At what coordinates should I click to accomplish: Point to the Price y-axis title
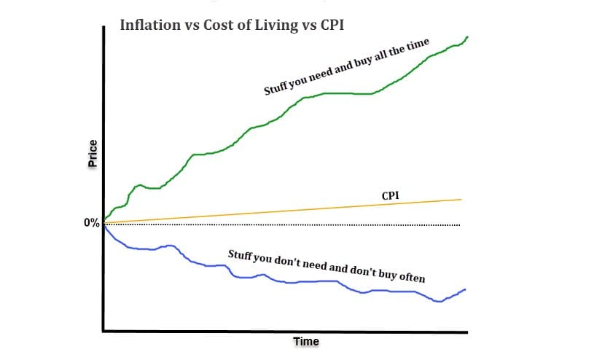coord(93,154)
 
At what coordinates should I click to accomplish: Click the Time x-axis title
coord(306,341)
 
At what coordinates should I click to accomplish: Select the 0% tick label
coord(92,224)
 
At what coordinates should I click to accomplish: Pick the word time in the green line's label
coord(420,51)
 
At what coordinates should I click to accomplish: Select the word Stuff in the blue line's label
coord(241,256)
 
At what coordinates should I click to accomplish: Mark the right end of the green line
coord(467,36)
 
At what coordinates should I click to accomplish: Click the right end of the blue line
coord(465,289)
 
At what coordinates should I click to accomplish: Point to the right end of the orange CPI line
coord(462,199)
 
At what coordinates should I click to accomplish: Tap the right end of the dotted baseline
coord(460,224)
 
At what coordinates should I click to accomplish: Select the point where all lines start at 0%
coord(105,224)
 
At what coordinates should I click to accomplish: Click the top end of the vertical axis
coord(103,31)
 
